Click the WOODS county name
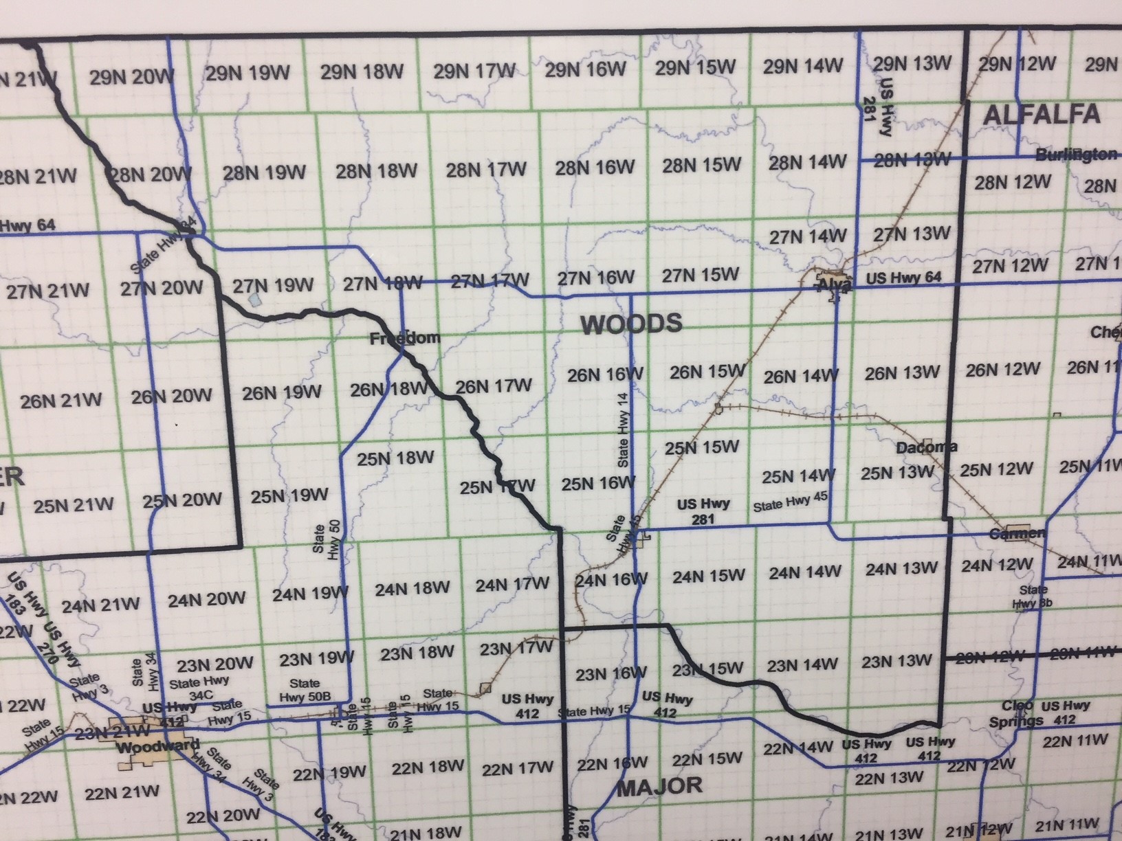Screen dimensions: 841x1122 [x=632, y=324]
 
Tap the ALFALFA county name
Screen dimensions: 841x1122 [x=1041, y=115]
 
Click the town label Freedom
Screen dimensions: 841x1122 [x=404, y=339]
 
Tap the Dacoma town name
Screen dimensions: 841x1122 [x=927, y=447]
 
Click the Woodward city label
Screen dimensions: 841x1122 [x=157, y=746]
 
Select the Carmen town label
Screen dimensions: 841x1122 [x=1017, y=534]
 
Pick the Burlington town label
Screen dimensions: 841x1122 [x=1076, y=154]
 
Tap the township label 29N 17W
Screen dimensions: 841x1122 [x=474, y=71]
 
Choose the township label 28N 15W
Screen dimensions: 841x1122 [x=702, y=166]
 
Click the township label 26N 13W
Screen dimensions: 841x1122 [x=901, y=373]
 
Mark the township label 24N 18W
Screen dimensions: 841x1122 [x=412, y=588]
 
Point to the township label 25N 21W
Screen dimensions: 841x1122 [x=74, y=506]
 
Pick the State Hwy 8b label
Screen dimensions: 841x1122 [x=1033, y=597]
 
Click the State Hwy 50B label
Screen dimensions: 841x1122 [x=305, y=690]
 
